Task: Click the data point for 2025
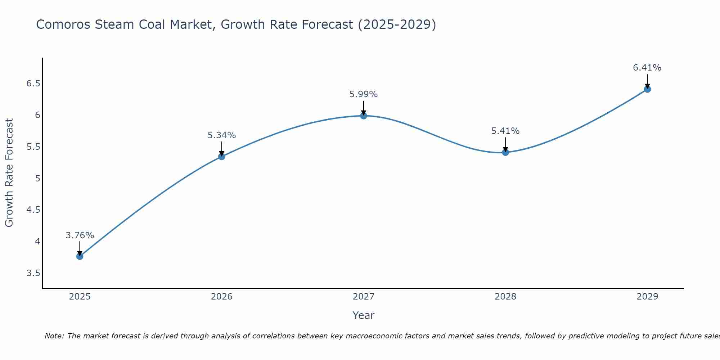pyautogui.click(x=80, y=256)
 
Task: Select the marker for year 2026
pyautogui.click(x=221, y=156)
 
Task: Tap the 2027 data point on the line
pyautogui.click(x=363, y=116)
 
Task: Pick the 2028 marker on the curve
pyautogui.click(x=505, y=152)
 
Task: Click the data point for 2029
pyautogui.click(x=647, y=89)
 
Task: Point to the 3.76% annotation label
pyautogui.click(x=80, y=235)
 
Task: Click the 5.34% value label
pyautogui.click(x=221, y=135)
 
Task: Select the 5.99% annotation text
pyautogui.click(x=363, y=94)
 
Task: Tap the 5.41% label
pyautogui.click(x=505, y=131)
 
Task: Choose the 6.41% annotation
pyautogui.click(x=647, y=68)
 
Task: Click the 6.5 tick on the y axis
pyautogui.click(x=33, y=84)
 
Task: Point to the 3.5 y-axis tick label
pyautogui.click(x=33, y=273)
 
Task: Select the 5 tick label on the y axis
pyautogui.click(x=37, y=179)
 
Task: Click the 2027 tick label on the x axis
pyautogui.click(x=363, y=297)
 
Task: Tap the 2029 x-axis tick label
pyautogui.click(x=647, y=297)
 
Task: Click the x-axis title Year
pyautogui.click(x=363, y=315)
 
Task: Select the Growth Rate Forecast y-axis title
pyautogui.click(x=9, y=173)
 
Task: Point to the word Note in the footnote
pyautogui.click(x=54, y=336)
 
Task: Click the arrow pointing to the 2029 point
pyautogui.click(x=647, y=81)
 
